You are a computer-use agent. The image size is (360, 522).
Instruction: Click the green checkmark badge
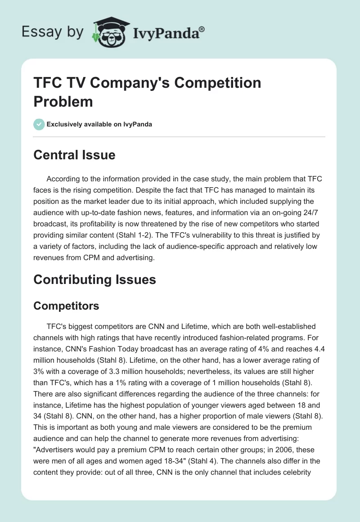39,124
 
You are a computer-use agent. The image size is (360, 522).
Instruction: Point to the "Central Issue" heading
75,155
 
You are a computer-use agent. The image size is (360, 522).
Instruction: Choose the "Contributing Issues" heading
95,279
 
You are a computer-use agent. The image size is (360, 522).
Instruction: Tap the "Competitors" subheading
66,306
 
